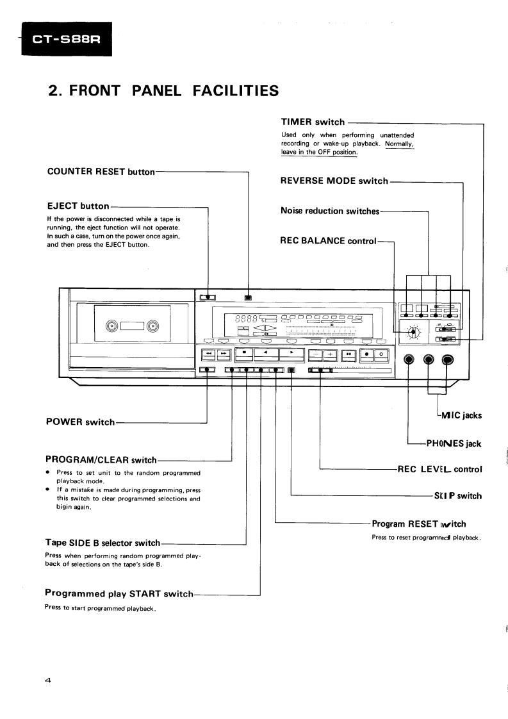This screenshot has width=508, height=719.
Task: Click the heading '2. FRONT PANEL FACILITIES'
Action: pos(164,90)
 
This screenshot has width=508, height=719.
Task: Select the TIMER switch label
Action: pos(313,122)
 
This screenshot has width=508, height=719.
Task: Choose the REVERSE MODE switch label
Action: pos(334,181)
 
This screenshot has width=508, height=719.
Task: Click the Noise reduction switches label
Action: pos(330,211)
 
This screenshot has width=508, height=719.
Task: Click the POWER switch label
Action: pos(81,422)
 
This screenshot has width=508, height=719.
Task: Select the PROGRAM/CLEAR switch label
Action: pos(101,459)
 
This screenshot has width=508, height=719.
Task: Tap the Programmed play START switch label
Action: pos(119,593)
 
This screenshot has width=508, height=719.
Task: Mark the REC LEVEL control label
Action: pos(439,469)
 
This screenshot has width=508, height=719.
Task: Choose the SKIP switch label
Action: pos(458,496)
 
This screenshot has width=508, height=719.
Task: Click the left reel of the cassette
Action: pos(113,327)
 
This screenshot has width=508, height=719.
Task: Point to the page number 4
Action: pos(48,681)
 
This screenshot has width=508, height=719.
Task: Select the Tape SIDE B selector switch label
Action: pos(102,543)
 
